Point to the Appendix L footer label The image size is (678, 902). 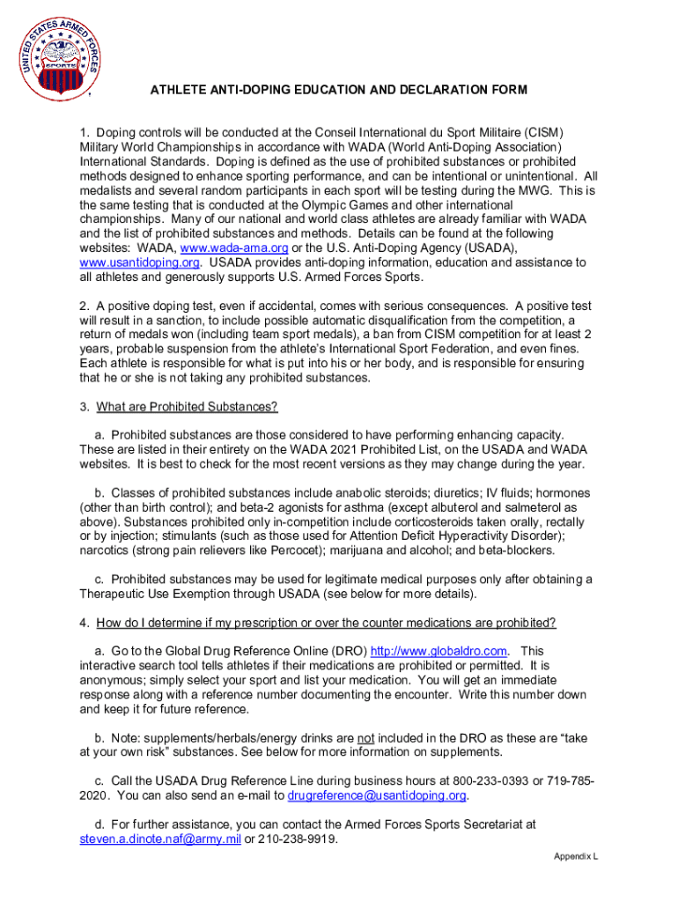point(576,856)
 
